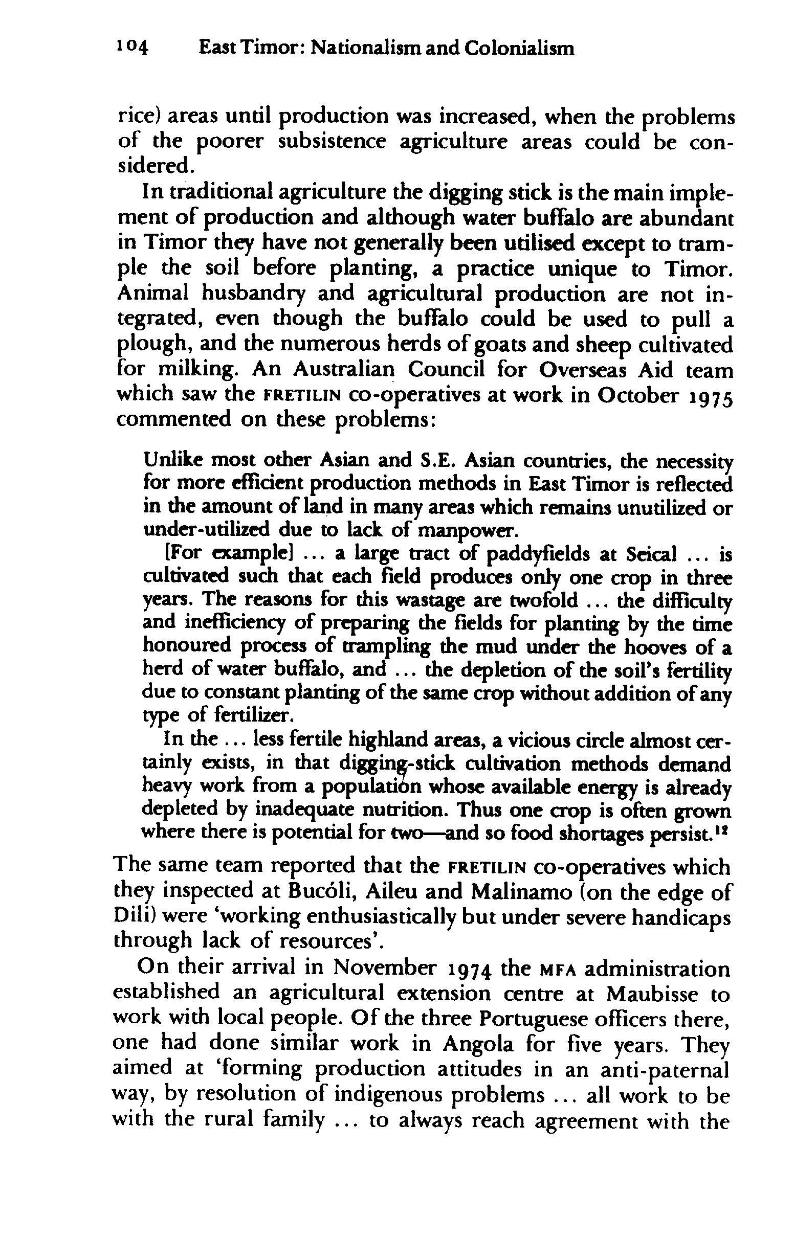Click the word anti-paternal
(665, 1068)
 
